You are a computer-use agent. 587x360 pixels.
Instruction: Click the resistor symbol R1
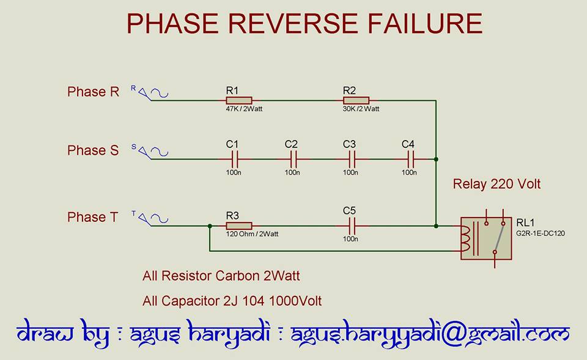click(239, 100)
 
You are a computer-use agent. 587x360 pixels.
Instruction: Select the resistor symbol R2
click(356, 100)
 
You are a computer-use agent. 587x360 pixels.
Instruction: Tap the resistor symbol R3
click(239, 226)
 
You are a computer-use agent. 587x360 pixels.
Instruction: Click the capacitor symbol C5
click(350, 226)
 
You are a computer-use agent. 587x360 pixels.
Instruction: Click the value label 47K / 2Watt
click(243, 109)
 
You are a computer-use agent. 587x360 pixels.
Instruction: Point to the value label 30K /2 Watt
click(361, 109)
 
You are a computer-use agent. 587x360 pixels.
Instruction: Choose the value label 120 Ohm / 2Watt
click(252, 234)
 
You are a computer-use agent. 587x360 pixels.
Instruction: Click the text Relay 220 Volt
click(497, 184)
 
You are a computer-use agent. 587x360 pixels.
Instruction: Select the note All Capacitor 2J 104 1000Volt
click(232, 301)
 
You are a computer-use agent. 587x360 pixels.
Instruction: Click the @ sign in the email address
click(459, 334)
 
